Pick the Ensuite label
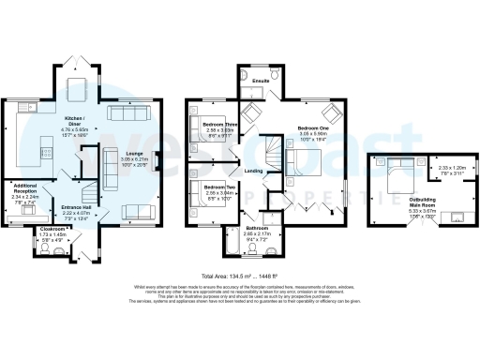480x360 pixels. pos(262,81)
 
